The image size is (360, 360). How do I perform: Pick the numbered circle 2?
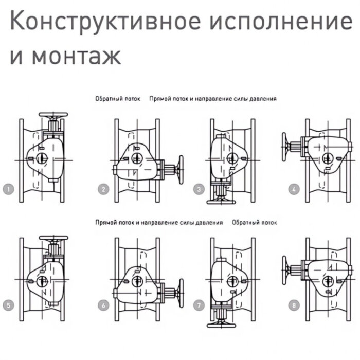point(104,189)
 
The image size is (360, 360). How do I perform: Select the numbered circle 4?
point(294,189)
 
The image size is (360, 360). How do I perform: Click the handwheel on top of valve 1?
point(53,115)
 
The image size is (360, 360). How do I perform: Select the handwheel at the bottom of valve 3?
point(221,202)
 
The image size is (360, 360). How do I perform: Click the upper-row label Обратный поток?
point(118,98)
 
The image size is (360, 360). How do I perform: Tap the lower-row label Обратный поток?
point(254,223)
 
